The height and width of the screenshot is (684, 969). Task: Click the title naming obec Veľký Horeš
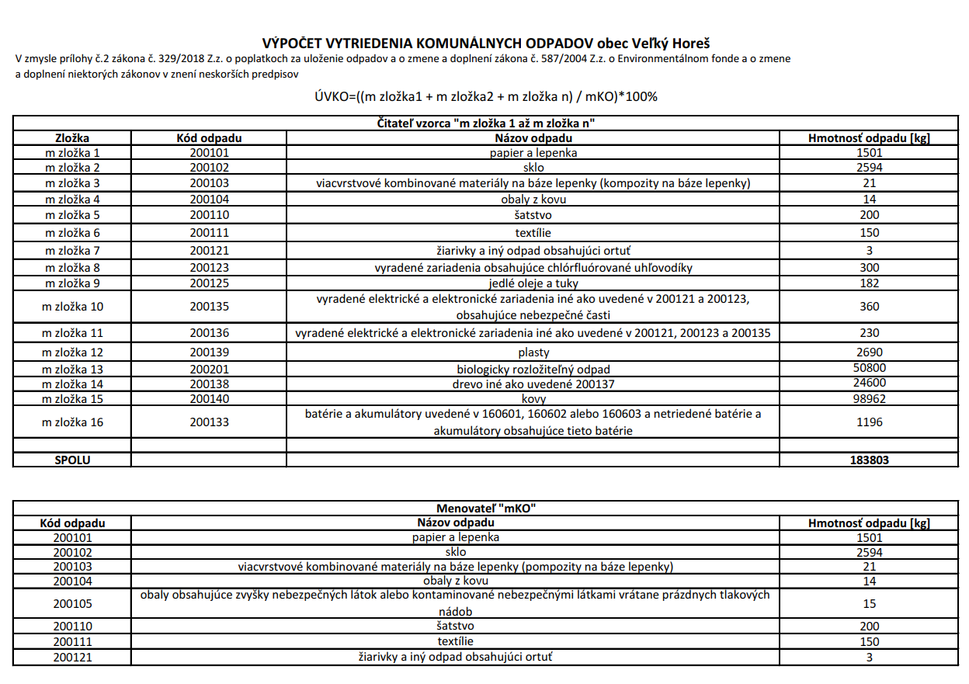(486, 43)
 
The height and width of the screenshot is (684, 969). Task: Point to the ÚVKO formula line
(486, 97)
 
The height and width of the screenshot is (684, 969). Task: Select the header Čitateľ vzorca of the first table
(485, 123)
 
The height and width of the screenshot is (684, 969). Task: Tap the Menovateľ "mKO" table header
(486, 509)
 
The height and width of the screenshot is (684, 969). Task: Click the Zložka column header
(72, 138)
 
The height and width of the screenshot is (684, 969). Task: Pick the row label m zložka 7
(72, 250)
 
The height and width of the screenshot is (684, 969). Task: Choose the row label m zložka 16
(72, 422)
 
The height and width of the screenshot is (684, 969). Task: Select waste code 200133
(209, 422)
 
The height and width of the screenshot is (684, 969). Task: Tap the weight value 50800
(869, 368)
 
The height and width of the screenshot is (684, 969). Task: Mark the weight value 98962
(869, 399)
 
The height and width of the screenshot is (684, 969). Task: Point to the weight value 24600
(869, 383)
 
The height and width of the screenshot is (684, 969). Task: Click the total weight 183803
(869, 460)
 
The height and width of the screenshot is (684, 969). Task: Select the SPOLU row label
(72, 460)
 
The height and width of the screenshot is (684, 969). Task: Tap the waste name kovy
(533, 399)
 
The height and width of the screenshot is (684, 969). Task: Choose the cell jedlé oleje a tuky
(533, 283)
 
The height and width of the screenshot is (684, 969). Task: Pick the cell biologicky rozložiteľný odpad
(533, 369)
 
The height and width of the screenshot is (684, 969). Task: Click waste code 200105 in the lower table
(72, 603)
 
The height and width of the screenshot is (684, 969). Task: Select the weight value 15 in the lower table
(869, 603)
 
